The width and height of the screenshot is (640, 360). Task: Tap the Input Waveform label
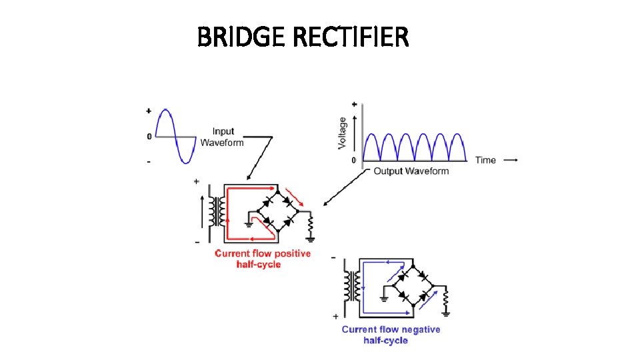222,137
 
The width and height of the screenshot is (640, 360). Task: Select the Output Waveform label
411,171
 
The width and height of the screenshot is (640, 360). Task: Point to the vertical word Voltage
343,133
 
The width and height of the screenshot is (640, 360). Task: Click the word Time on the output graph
485,160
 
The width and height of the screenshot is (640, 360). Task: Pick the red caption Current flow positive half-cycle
263,259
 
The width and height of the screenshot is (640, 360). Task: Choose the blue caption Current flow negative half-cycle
391,335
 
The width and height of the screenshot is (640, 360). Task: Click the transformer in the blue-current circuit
349,287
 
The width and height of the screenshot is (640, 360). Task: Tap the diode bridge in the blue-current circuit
413,285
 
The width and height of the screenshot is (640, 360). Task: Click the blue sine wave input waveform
175,137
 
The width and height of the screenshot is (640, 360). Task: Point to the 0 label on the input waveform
149,137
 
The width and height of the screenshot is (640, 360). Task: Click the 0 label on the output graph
353,160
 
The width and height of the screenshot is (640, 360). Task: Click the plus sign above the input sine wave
148,111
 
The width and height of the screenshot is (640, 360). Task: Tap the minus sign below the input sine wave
149,162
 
